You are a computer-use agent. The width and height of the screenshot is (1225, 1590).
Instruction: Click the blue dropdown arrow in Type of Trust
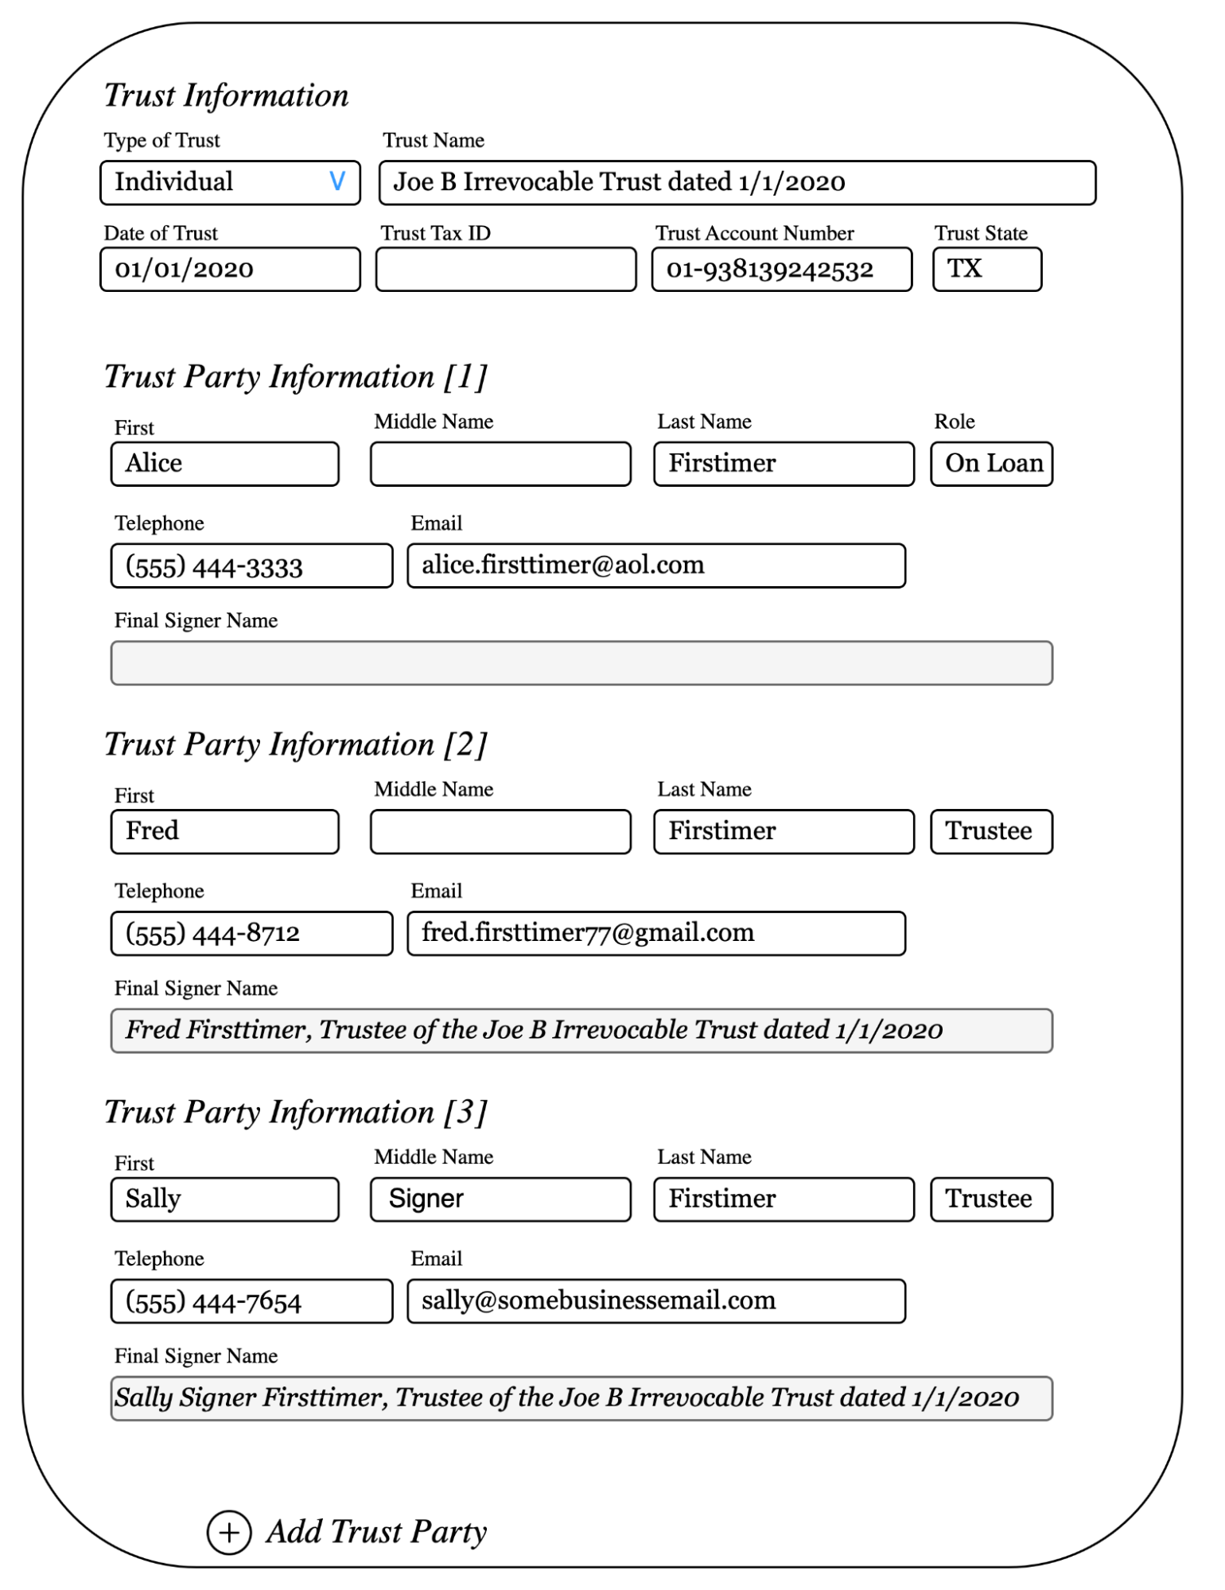pos(337,182)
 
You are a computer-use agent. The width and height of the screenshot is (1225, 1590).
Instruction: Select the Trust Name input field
pos(737,183)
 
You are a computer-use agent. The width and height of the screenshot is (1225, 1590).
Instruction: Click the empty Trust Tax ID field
pos(506,270)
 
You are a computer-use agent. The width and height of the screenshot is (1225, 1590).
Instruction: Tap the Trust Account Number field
pos(781,270)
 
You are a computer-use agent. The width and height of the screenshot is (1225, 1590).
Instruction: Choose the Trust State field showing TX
pos(986,270)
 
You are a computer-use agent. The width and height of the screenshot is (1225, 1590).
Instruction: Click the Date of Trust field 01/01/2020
pos(230,270)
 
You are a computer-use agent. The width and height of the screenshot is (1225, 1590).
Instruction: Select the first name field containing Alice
pos(224,464)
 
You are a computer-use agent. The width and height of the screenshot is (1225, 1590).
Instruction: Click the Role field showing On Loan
pos(991,464)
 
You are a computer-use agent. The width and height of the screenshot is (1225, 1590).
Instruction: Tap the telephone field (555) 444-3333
pos(251,566)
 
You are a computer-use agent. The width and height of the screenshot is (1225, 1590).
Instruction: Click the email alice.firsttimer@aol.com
pos(655,566)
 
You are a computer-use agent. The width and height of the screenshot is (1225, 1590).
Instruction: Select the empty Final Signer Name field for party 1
pos(581,663)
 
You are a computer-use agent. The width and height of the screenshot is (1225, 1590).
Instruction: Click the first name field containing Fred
pos(224,832)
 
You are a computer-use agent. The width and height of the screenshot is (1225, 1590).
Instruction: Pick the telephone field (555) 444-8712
pos(251,934)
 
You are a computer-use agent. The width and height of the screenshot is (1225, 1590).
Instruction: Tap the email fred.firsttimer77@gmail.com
pos(655,934)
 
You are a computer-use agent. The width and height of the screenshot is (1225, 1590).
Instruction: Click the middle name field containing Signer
pos(500,1199)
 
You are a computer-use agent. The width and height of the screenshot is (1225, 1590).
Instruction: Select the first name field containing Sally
pos(224,1199)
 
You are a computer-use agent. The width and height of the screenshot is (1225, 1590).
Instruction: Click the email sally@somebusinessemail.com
pos(655,1301)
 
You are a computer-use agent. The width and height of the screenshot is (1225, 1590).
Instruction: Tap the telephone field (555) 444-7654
pos(251,1301)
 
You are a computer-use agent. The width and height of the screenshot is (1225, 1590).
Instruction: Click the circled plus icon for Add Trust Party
pos(229,1533)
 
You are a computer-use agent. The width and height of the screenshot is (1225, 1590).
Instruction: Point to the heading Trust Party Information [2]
pos(296,745)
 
